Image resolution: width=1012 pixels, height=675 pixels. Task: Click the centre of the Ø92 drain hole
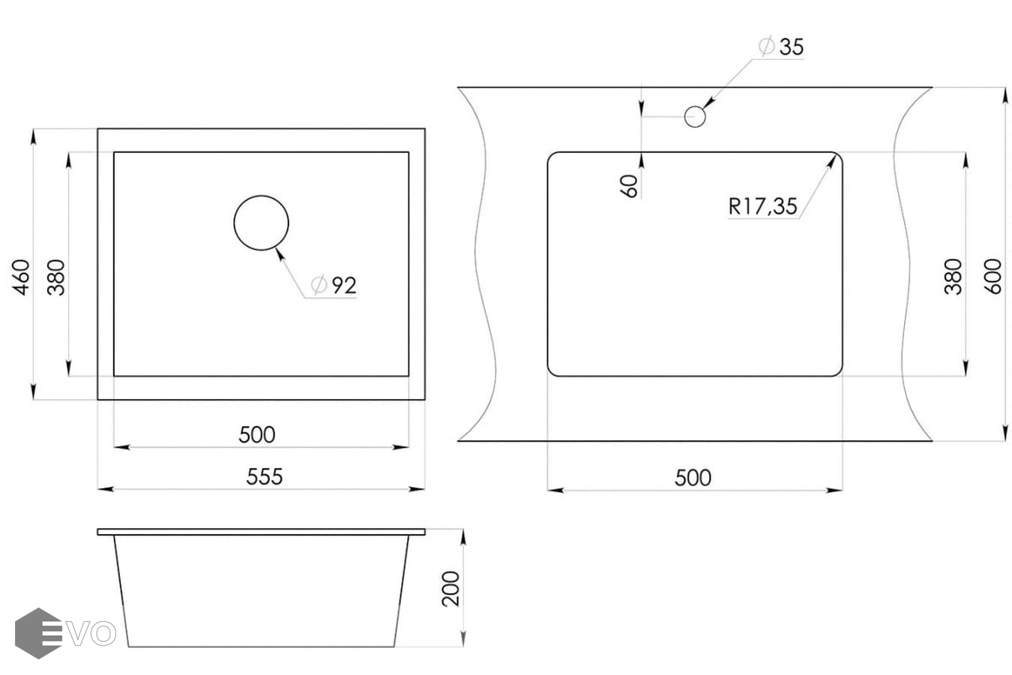tap(261, 223)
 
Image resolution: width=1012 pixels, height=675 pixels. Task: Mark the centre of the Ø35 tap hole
tap(695, 117)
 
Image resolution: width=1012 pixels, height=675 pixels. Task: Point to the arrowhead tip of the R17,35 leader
tap(835, 155)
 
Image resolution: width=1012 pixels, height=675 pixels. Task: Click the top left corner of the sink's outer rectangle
tap(98, 129)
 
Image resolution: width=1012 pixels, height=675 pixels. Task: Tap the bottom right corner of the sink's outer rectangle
tap(425, 399)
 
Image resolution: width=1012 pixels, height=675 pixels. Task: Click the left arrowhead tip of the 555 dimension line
tap(98, 489)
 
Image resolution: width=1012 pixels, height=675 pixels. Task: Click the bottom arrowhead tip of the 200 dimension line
tap(463, 646)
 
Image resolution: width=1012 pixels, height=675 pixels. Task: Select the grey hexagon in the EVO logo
tap(38, 633)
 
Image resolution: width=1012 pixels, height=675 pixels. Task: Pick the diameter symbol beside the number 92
tap(319, 284)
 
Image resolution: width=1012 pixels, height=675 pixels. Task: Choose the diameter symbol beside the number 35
tap(767, 46)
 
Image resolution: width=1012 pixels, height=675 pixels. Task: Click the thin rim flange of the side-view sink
tap(261, 532)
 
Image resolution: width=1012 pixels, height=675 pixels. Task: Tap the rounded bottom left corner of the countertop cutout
tap(551, 372)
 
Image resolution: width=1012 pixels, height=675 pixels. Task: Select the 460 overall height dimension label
tap(21, 277)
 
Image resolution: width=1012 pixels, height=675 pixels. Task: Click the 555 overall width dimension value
tap(265, 476)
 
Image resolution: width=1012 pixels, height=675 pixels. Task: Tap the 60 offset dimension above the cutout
tap(629, 186)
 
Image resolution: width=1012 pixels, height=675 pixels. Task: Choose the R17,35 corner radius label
tap(763, 206)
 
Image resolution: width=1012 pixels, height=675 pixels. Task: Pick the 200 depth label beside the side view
tap(451, 588)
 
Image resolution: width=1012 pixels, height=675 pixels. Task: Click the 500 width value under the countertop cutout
tap(693, 478)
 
